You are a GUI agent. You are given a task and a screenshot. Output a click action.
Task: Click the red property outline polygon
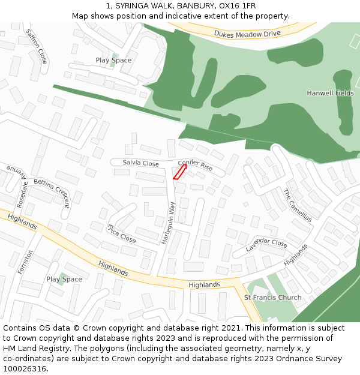click(179, 172)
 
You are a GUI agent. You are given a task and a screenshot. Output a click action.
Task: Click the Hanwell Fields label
click(330, 93)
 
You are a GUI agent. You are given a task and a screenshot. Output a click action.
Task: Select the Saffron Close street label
click(37, 46)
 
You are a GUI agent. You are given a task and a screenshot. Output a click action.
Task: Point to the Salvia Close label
click(140, 163)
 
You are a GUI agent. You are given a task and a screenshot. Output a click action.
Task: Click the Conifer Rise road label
click(195, 166)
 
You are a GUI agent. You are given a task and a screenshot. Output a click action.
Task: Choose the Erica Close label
click(121, 233)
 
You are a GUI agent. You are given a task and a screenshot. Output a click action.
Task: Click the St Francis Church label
click(272, 298)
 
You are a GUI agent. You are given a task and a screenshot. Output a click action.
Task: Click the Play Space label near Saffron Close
click(113, 61)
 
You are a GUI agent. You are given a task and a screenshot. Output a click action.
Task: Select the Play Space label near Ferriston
click(64, 280)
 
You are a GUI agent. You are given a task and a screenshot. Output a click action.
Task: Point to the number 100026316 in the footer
click(25, 369)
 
